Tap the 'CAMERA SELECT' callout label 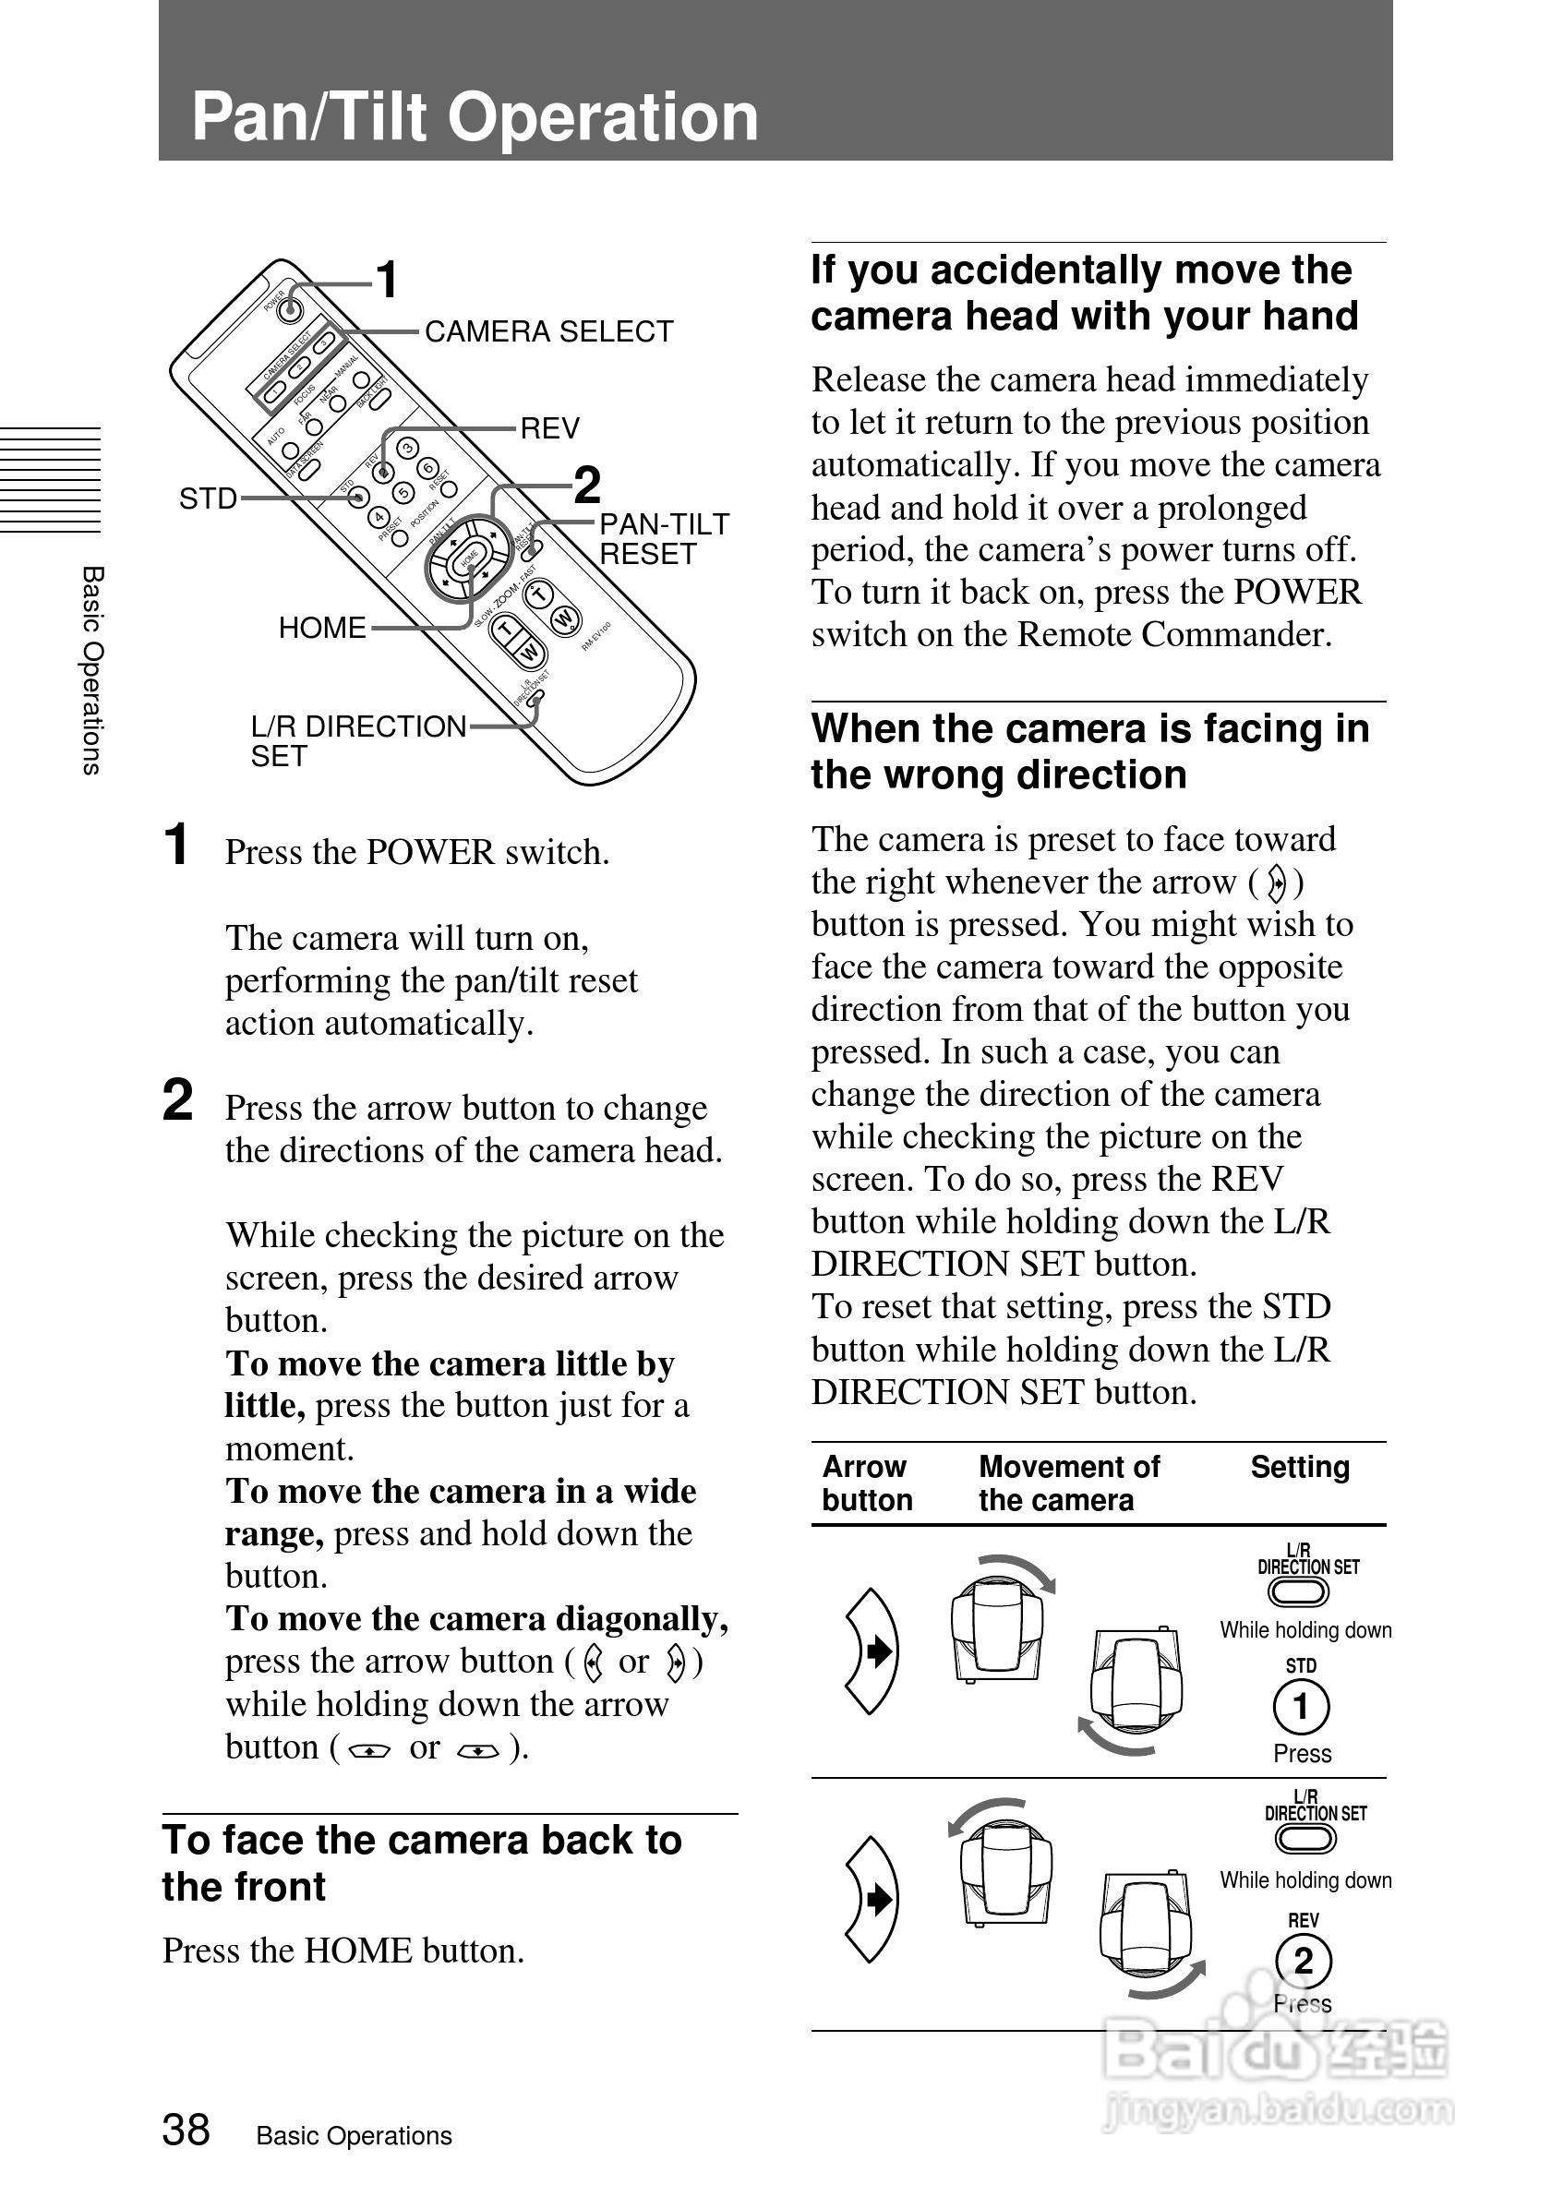(548, 331)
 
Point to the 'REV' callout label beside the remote (549, 427)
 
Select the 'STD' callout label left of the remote (208, 498)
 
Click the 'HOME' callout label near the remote (321, 628)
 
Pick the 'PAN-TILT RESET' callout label (663, 539)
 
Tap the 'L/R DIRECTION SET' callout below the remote (358, 740)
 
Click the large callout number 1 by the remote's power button (386, 281)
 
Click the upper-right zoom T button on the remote (541, 595)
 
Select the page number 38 (186, 2130)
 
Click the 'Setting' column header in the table (1299, 1467)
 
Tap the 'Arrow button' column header (866, 1483)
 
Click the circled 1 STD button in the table (1300, 1706)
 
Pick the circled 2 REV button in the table (1303, 1961)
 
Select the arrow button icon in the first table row (872, 1651)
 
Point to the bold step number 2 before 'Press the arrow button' (178, 1099)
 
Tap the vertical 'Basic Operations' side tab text (91, 670)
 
